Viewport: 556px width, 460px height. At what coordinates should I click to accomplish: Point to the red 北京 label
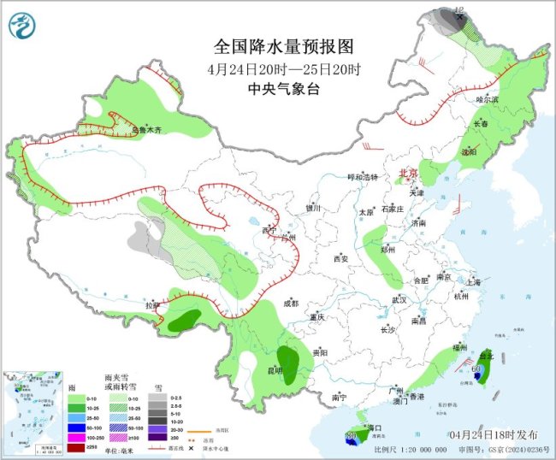click(x=408, y=174)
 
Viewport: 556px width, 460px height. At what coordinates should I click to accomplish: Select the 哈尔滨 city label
click(x=487, y=99)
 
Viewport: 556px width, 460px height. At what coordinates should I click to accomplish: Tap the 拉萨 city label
click(x=152, y=305)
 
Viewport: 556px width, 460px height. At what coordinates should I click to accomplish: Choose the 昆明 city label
click(x=275, y=370)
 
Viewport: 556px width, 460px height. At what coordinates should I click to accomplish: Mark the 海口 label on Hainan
click(x=371, y=427)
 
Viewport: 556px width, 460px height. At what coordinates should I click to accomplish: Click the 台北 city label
click(x=485, y=355)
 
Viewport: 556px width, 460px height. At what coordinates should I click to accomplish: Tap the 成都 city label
click(x=290, y=303)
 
